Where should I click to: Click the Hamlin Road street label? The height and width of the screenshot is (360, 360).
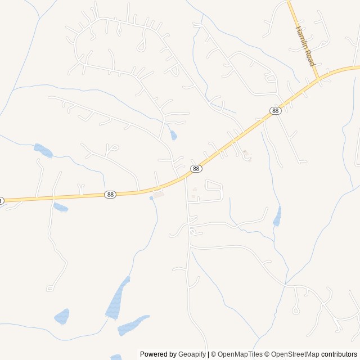coord(304,46)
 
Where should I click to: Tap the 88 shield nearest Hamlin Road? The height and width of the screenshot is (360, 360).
coord(274,111)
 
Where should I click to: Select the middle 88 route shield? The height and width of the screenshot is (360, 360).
coord(196,169)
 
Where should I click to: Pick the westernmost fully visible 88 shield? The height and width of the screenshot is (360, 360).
coord(110,195)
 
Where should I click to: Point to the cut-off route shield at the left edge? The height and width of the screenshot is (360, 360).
coord(1,201)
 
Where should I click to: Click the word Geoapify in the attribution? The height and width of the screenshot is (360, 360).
coord(192,354)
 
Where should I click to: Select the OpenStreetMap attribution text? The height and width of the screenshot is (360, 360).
coord(295,354)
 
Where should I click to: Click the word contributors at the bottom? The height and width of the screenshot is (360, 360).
coord(339,354)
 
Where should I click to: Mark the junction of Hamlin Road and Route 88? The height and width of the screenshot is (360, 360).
coord(319,78)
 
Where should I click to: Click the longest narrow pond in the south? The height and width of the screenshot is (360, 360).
coord(118,299)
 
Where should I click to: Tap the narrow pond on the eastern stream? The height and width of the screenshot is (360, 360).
coord(277,216)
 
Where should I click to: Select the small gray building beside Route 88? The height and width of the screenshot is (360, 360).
coord(159,195)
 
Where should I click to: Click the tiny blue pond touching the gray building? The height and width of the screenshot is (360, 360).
coord(151,198)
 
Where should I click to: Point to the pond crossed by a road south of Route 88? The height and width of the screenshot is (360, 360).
coord(60,208)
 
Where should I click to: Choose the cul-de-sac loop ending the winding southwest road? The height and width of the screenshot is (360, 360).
coord(50,288)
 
